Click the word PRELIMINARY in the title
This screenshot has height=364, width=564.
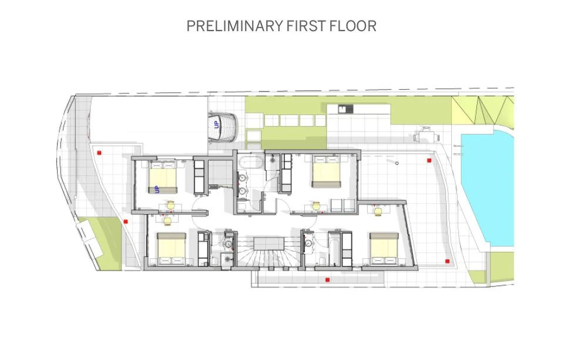pos(234,26)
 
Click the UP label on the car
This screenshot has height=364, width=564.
pos(216,124)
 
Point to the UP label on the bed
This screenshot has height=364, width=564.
pos(156,190)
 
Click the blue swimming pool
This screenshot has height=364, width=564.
pos(488,188)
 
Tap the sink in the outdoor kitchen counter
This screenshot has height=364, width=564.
pos(345,109)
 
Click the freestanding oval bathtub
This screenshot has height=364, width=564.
pos(251,162)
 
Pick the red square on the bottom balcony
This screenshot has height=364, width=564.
pos(327,279)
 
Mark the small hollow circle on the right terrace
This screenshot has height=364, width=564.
pos(397,163)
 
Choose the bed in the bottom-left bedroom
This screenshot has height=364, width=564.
pos(171,249)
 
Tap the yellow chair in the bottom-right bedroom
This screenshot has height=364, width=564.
pos(378,211)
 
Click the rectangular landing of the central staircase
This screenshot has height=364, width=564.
pos(268,243)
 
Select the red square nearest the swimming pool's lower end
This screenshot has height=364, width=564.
pos(448,261)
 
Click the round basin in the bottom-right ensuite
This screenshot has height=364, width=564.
pos(308,243)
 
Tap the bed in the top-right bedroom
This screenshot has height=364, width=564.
pos(326,171)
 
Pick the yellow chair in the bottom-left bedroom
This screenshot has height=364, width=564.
pos(167,221)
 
